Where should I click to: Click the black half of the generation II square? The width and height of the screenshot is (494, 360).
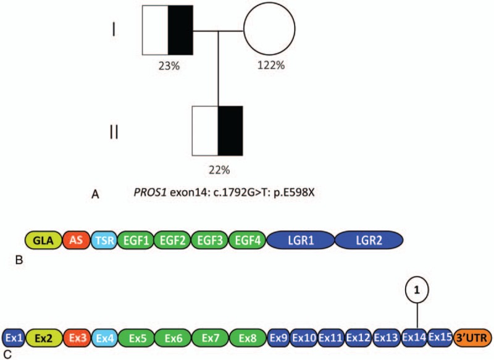[x=230, y=130]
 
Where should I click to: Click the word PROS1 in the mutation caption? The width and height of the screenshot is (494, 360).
[x=149, y=194]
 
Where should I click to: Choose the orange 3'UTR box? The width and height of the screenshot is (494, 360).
[x=471, y=338]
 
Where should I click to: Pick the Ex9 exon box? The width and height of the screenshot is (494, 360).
[x=278, y=338]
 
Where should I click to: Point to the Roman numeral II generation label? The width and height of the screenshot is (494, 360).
[x=114, y=133]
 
